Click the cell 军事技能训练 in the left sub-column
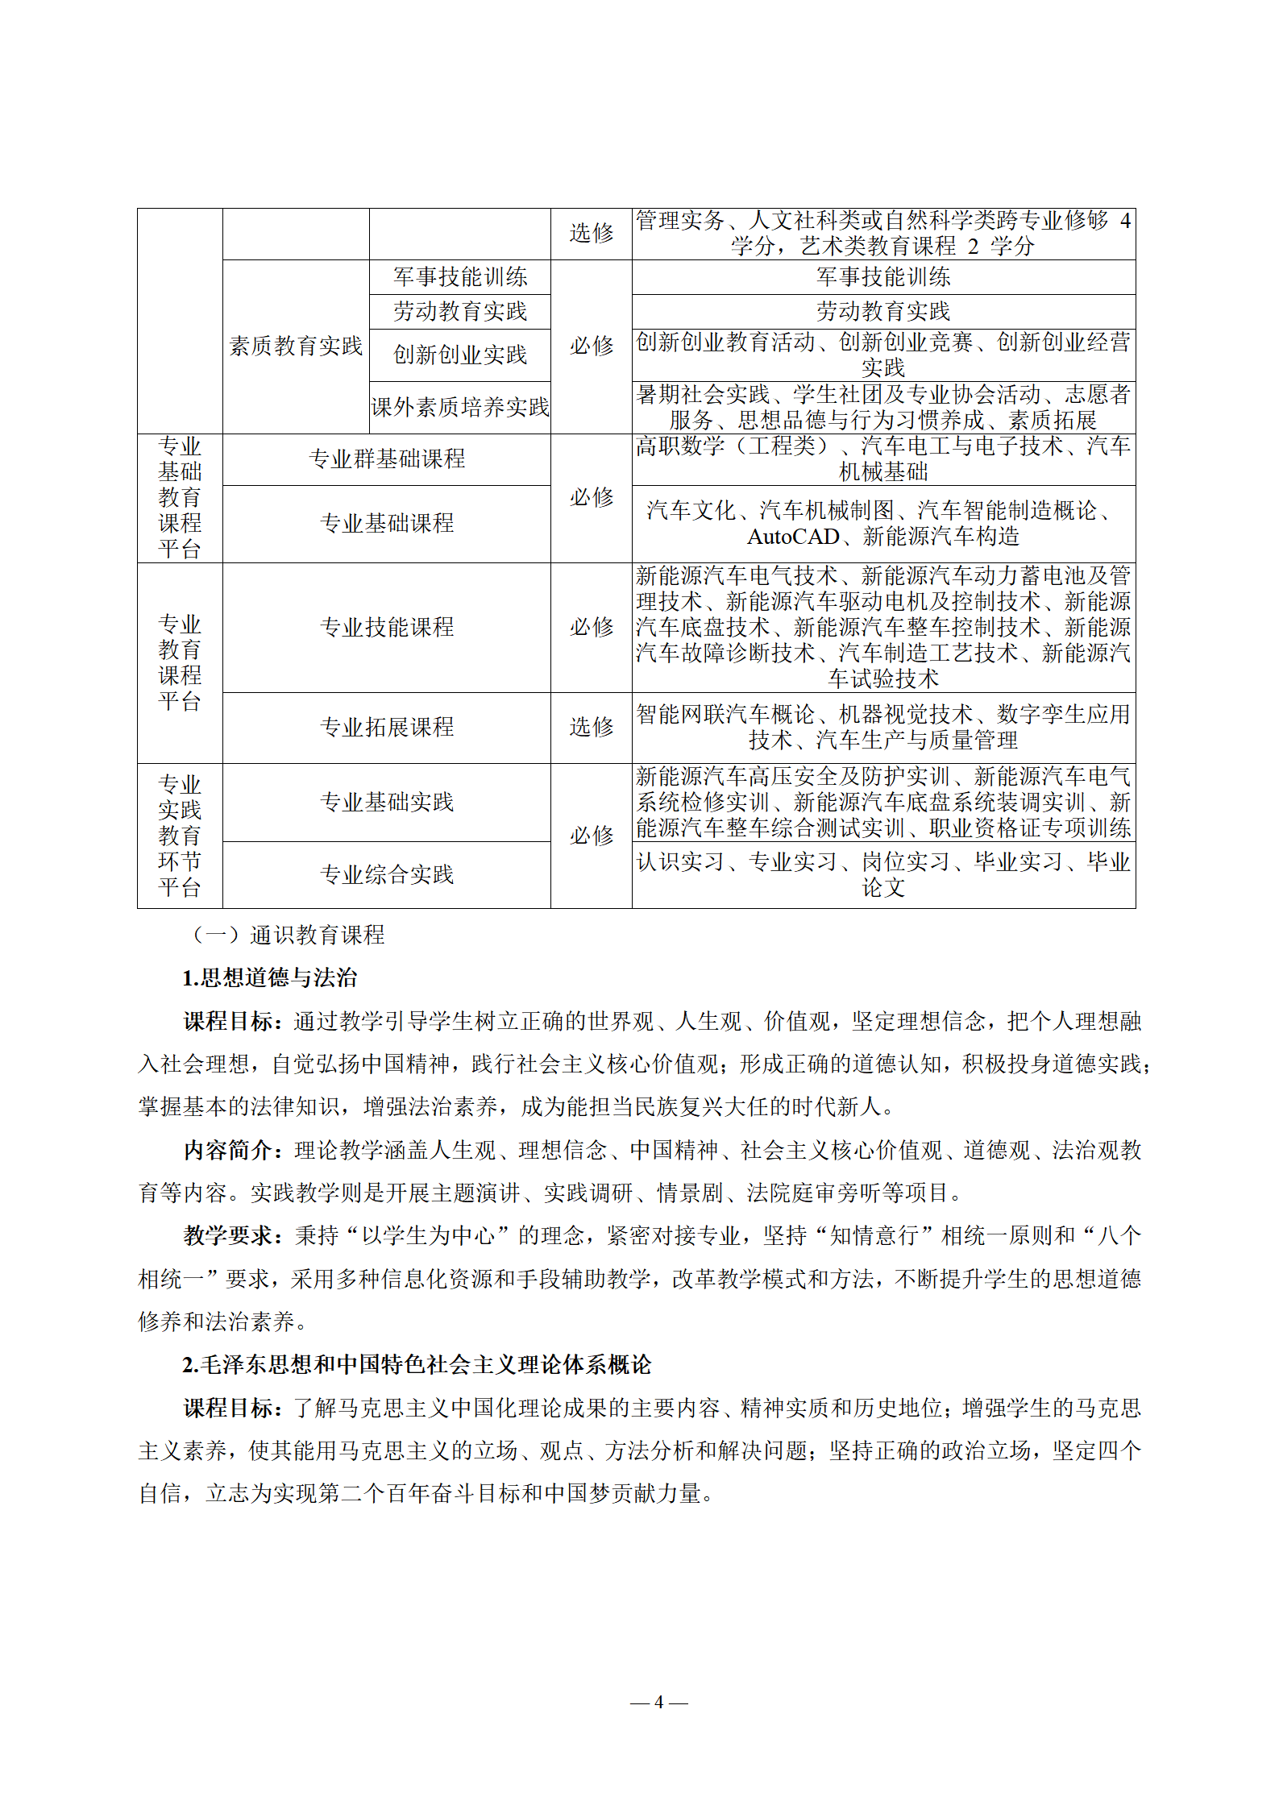(x=460, y=277)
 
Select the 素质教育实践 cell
(x=296, y=346)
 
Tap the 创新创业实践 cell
(x=460, y=355)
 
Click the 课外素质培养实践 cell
(x=460, y=408)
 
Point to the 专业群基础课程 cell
(x=387, y=459)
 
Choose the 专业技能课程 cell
(x=387, y=627)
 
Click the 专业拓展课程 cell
(x=387, y=727)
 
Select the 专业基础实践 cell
(x=387, y=802)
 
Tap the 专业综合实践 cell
(x=387, y=874)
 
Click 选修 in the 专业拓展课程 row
(x=592, y=727)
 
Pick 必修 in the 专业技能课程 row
(x=592, y=627)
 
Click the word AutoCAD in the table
(x=793, y=537)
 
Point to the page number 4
(x=658, y=1702)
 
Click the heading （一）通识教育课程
(x=286, y=935)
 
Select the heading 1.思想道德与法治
(x=270, y=978)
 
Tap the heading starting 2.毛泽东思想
(x=417, y=1365)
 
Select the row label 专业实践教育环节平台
(x=180, y=836)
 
